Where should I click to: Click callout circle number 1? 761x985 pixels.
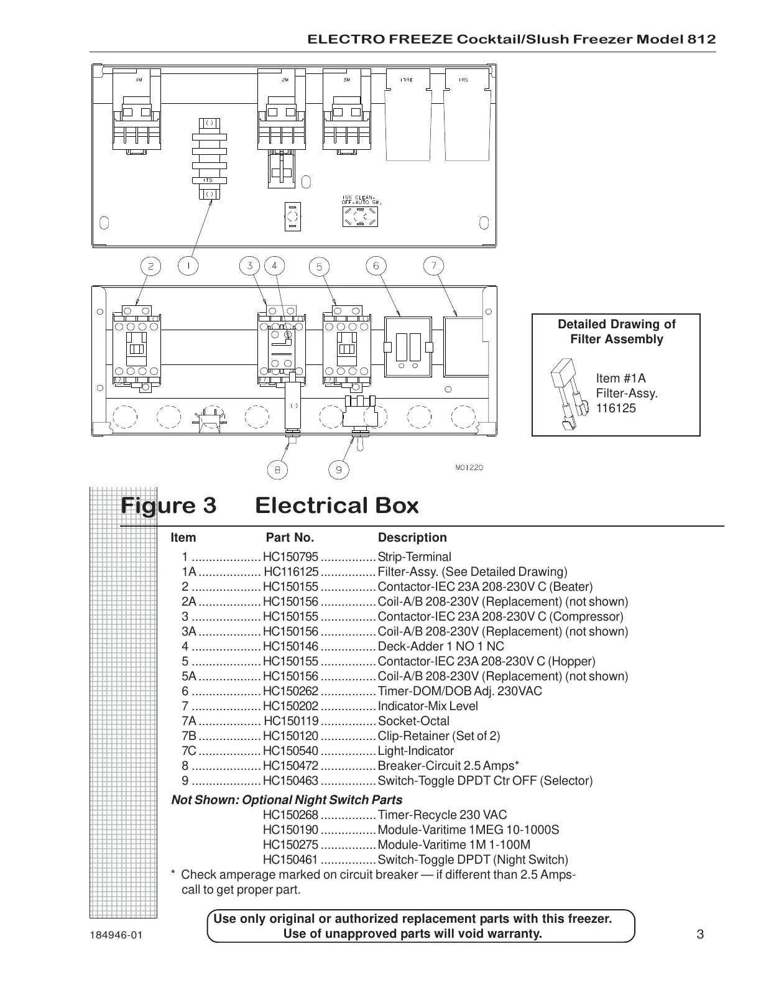point(188,266)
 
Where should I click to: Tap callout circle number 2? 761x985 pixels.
point(150,267)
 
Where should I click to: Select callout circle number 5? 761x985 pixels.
point(319,267)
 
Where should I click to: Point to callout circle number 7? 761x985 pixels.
point(433,266)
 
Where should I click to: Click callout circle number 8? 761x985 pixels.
point(277,469)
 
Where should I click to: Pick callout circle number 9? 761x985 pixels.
point(339,469)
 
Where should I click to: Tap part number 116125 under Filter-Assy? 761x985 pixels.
point(616,409)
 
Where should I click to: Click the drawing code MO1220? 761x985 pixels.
point(469,468)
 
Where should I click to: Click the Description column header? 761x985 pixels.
point(412,538)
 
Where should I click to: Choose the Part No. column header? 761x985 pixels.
point(290,538)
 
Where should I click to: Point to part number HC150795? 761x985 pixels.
point(290,557)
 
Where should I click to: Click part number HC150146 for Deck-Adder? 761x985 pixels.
point(290,647)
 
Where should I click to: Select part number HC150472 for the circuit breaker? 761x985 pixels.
point(290,766)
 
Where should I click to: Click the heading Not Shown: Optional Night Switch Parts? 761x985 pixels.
point(287,800)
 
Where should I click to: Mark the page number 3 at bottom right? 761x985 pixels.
point(699,934)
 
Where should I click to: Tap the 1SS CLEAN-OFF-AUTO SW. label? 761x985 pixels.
point(361,200)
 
